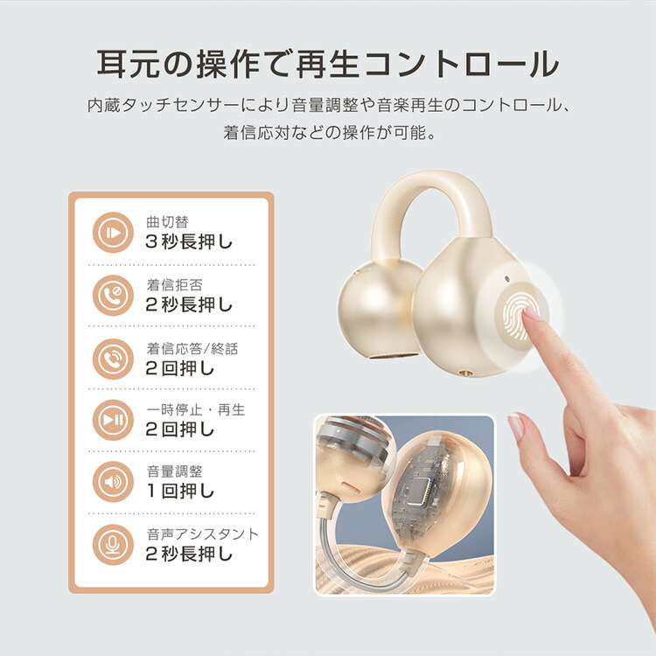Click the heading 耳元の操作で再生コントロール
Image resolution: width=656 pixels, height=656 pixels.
(x=328, y=64)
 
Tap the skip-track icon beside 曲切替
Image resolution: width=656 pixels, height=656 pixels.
(x=113, y=232)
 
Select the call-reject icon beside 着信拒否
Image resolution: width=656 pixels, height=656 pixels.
(x=113, y=296)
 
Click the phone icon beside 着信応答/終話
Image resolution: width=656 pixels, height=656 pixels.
(x=113, y=359)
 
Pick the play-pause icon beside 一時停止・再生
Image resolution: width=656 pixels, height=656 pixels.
(x=113, y=420)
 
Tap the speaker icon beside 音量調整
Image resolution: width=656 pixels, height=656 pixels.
(x=113, y=482)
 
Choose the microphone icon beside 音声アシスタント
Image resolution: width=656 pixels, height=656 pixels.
(x=113, y=544)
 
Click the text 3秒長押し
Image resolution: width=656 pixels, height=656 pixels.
(x=189, y=241)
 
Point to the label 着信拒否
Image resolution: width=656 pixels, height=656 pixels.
(x=174, y=285)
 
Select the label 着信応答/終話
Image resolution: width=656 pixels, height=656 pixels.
(x=192, y=348)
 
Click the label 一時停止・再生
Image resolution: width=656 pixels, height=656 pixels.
(x=195, y=409)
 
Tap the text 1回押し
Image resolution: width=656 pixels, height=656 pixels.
(x=180, y=491)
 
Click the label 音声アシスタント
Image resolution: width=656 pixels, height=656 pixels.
(x=203, y=534)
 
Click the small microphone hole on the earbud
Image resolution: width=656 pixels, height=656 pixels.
(x=507, y=278)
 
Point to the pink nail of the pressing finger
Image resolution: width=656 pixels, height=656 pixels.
(x=531, y=313)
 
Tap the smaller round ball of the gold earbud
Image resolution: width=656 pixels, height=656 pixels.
(x=379, y=309)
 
